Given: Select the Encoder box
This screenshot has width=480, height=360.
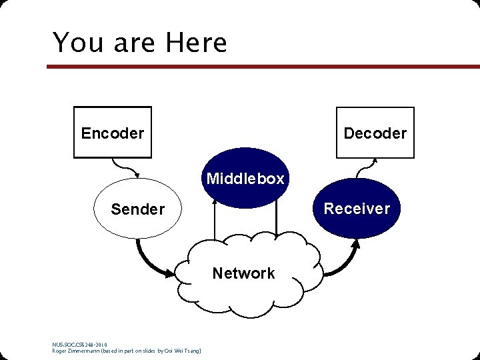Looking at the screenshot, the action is click(112, 133).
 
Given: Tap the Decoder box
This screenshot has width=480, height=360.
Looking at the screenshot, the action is click(375, 133).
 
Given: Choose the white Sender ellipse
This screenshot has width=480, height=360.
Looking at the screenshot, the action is click(137, 209).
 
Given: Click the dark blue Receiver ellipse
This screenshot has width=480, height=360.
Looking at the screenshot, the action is click(357, 209).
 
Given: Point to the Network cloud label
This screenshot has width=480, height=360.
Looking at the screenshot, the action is click(243, 273).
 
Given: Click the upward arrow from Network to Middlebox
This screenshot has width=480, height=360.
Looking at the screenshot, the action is click(215, 220).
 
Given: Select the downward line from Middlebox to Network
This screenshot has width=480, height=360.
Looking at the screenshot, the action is click(276, 220).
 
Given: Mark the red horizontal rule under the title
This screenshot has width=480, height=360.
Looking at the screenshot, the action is click(263, 67).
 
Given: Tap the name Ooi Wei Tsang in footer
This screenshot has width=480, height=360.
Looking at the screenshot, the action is click(179, 351).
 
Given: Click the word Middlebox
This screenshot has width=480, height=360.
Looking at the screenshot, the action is click(245, 179).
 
